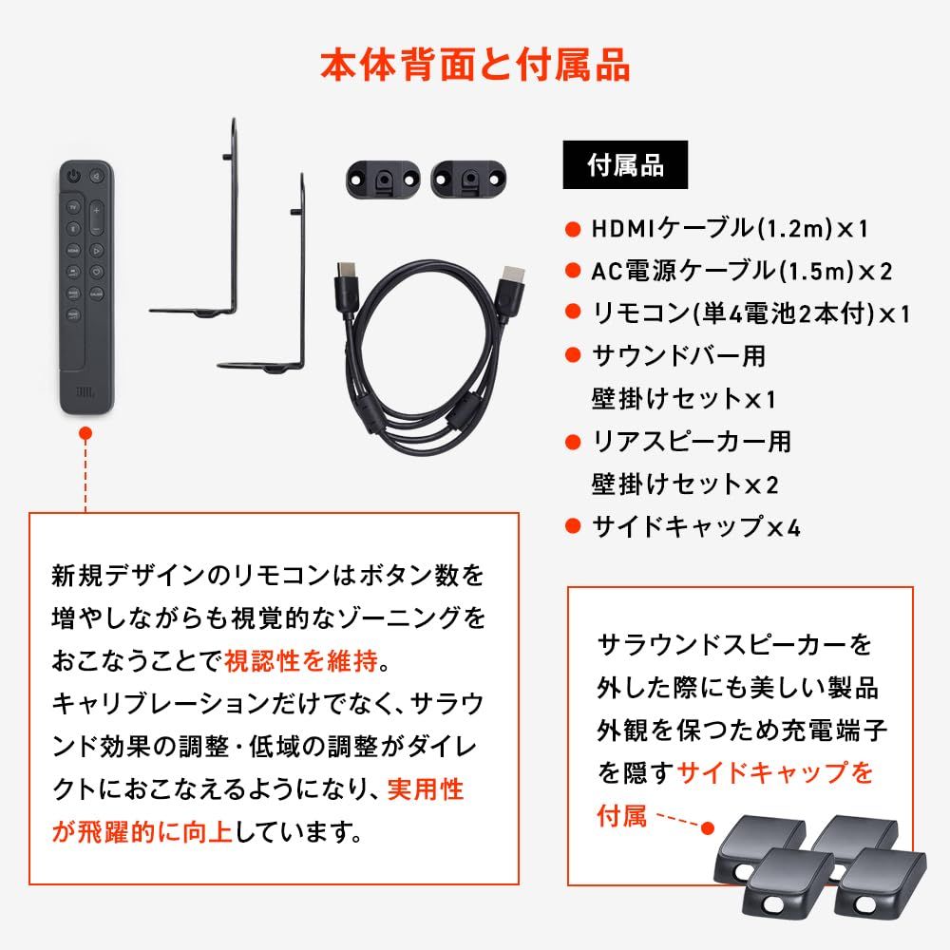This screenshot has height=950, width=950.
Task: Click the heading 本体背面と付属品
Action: point(474,67)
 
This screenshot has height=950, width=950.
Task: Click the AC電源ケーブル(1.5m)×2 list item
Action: point(741,271)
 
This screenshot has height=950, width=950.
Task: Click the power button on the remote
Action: point(74,176)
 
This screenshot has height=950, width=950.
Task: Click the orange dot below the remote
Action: point(85,432)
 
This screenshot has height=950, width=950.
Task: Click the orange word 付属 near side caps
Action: point(622,814)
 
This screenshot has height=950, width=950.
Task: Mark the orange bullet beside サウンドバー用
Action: point(572,356)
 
